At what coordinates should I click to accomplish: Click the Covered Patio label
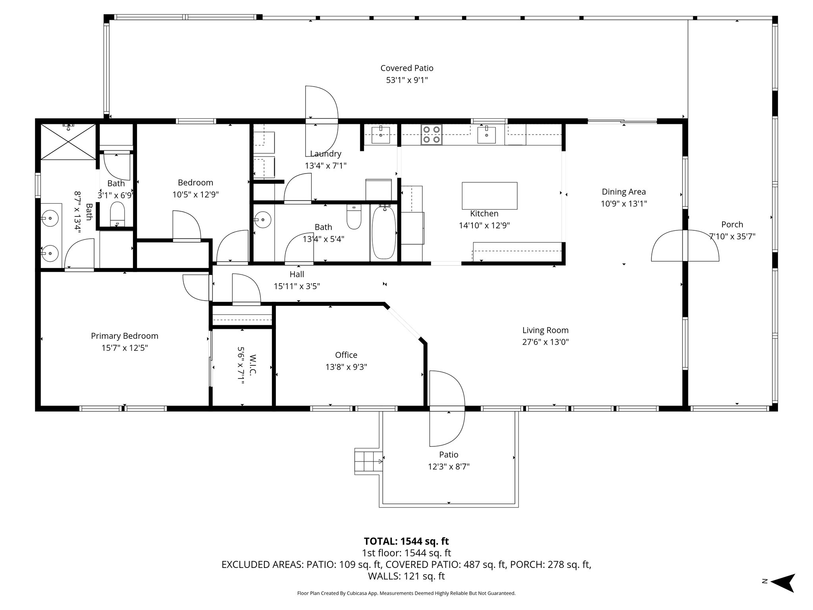tap(406, 68)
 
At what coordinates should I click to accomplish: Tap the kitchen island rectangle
tap(489, 195)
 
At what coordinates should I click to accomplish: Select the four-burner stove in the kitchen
tap(432, 134)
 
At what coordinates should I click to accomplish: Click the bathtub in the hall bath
tap(384, 233)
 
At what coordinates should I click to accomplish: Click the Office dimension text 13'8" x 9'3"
tap(346, 367)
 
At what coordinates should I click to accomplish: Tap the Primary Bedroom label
tap(125, 336)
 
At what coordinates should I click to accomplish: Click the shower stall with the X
tap(68, 142)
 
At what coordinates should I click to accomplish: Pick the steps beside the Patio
tap(368, 461)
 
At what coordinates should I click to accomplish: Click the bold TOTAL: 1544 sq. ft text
tap(406, 541)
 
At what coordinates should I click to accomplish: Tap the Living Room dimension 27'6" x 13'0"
tap(545, 342)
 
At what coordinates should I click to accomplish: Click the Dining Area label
tap(624, 192)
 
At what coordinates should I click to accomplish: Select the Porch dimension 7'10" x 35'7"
tap(732, 236)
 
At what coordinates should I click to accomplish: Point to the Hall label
tap(297, 274)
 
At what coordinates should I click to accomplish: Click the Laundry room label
tap(326, 154)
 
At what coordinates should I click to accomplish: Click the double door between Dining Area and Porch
tap(685, 246)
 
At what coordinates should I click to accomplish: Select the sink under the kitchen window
tap(486, 134)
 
